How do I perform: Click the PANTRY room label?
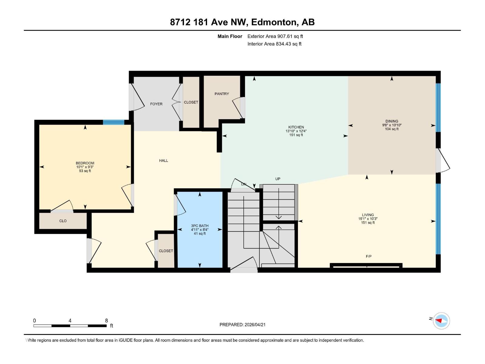pos(222,94)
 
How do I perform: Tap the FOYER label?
pos(156,104)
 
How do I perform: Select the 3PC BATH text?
pos(200,226)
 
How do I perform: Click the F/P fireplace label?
pos(369,257)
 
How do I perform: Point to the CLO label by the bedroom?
pos(63,221)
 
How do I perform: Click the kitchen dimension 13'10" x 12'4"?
pos(296,131)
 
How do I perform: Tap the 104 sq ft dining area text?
pos(392,129)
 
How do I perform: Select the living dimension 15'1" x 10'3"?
pos(368,219)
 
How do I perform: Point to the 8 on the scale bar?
pos(106,321)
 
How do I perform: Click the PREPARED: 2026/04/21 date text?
pos(242,325)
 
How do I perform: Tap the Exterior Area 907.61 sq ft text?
pos(275,36)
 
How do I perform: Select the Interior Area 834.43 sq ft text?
pos(274,44)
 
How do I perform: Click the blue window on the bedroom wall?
pos(113,122)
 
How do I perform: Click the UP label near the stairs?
pos(278,179)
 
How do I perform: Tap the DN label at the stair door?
pos(244,184)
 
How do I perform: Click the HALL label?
pos(163,160)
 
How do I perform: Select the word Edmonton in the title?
pos(273,22)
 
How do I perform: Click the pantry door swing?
pos(238,107)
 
